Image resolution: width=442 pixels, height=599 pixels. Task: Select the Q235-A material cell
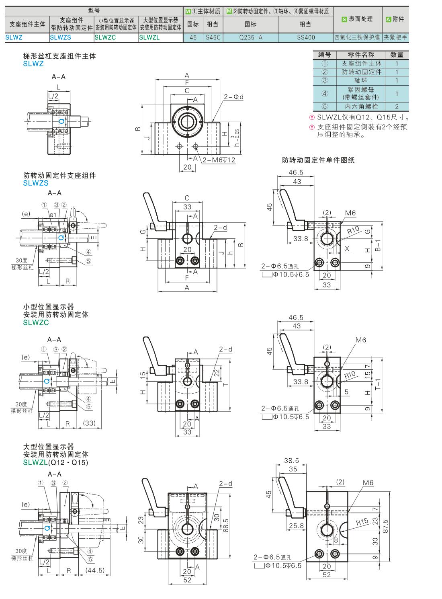tap(250, 38)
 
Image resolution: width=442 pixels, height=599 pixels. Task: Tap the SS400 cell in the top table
tap(306, 38)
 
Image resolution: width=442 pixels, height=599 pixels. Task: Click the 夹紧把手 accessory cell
tap(395, 38)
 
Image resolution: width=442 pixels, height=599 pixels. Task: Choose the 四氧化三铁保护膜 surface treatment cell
tap(357, 38)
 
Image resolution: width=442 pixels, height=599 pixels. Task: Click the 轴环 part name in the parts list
tap(361, 80)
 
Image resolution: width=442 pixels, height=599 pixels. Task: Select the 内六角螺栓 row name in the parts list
tap(361, 107)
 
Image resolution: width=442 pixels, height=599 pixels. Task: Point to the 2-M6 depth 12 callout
tap(219, 160)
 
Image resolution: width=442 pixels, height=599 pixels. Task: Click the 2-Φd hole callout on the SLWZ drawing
tap(234, 97)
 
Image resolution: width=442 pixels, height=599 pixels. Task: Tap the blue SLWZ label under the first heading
tap(33, 64)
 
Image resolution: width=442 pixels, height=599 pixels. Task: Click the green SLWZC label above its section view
tap(36, 322)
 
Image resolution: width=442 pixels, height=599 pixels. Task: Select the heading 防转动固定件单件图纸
tap(318, 160)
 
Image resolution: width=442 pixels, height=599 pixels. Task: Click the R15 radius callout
tap(362, 523)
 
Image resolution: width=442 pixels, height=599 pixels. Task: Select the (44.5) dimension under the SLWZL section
tap(95, 570)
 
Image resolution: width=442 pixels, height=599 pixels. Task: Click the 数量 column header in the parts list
tap(397, 55)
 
